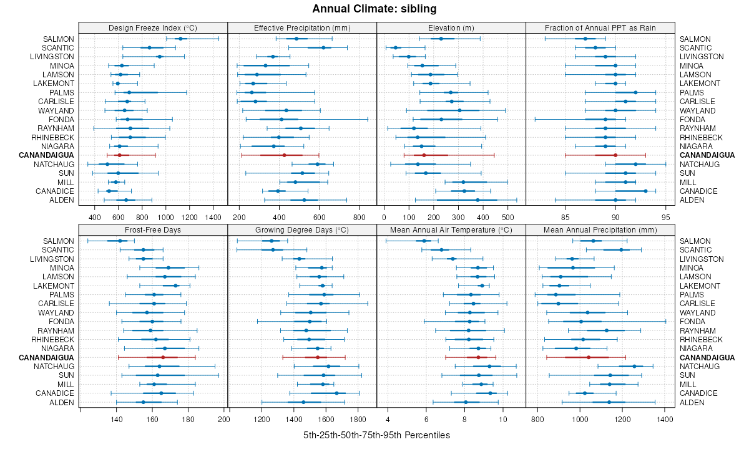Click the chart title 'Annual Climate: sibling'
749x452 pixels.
tap(374, 9)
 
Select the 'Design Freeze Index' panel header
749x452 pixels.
tap(153, 27)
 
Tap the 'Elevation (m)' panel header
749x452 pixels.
tap(451, 27)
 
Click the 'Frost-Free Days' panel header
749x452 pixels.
tap(153, 229)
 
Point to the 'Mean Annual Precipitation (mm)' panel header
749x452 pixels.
tap(600, 229)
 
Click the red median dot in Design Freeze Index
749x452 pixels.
tap(119, 155)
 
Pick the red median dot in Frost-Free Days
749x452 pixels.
tap(163, 357)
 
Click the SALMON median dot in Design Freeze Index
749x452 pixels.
tap(180, 39)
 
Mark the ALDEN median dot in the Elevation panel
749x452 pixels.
tap(477, 200)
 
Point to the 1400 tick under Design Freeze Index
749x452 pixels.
tap(213, 218)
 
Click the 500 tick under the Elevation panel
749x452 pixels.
tap(507, 218)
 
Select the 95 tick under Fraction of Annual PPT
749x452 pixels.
tap(666, 218)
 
